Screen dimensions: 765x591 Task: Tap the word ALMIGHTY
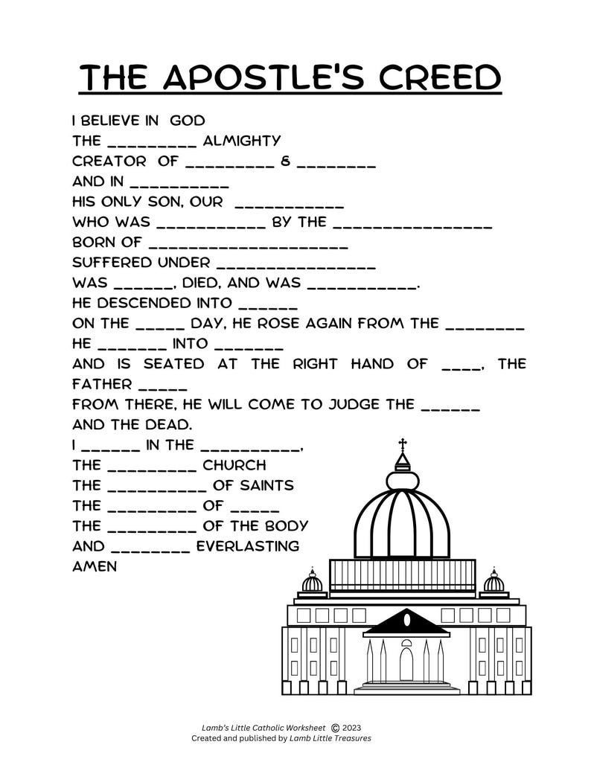[242, 141]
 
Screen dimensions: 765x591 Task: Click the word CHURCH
[234, 465]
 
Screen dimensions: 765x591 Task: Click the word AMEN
[95, 566]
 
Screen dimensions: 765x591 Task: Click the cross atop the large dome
[403, 444]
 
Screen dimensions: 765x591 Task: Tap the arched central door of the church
[406, 663]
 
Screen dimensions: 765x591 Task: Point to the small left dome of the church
[313, 582]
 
